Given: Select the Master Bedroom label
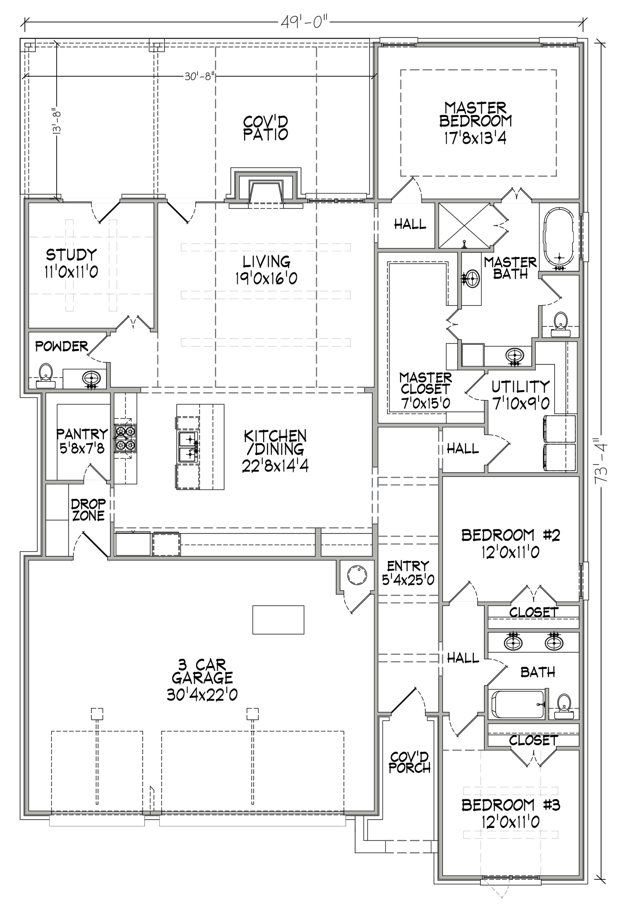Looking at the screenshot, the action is tap(475, 114).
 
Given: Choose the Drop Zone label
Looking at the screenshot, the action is tap(89, 510).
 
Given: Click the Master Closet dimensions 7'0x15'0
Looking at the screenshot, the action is tap(425, 403).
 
